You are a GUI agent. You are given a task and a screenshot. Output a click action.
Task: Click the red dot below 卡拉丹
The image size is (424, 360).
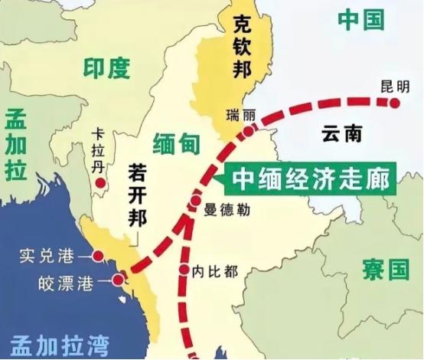pos(100,183)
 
